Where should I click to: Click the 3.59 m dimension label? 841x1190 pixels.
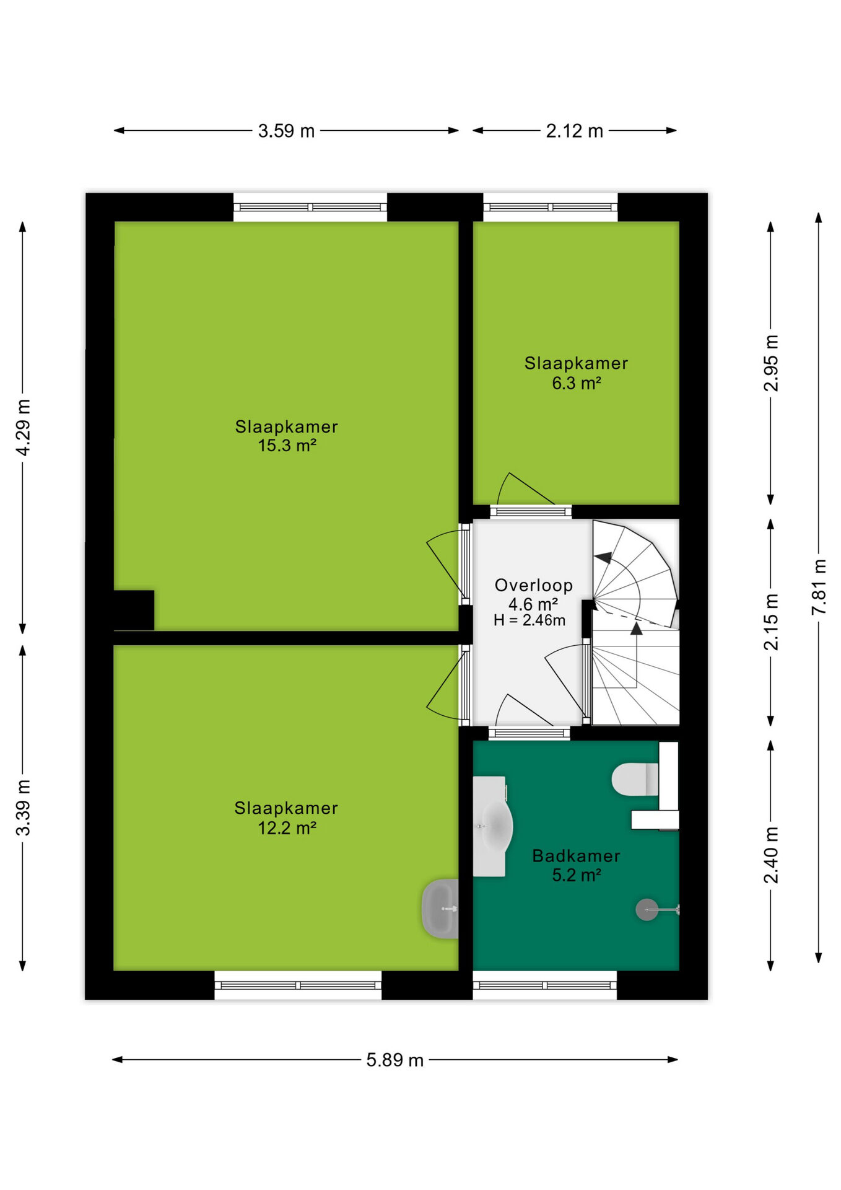[286, 131]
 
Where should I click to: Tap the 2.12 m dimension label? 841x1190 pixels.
[574, 131]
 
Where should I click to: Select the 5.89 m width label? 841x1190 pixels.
[394, 1060]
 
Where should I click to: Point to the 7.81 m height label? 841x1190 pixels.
[819, 586]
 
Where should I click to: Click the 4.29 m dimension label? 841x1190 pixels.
[23, 428]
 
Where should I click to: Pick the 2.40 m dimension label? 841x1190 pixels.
[771, 855]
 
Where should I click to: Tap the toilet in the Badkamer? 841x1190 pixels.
[635, 779]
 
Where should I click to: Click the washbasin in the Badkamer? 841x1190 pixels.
[493, 826]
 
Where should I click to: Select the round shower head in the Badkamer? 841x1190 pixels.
[647, 910]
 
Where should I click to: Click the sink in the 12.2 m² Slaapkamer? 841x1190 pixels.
[440, 909]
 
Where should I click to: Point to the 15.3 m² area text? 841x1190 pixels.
[287, 446]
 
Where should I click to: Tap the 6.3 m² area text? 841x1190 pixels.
[577, 383]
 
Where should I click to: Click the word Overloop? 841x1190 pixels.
[534, 585]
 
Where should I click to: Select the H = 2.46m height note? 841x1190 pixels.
[529, 620]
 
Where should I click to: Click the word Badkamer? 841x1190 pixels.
[577, 856]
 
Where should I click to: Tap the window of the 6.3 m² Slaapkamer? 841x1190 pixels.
[551, 207]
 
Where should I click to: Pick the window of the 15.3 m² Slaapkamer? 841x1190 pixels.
[310, 207]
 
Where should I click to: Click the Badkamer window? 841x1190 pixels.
[545, 985]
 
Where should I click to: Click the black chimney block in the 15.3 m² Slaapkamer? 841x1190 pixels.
[134, 610]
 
